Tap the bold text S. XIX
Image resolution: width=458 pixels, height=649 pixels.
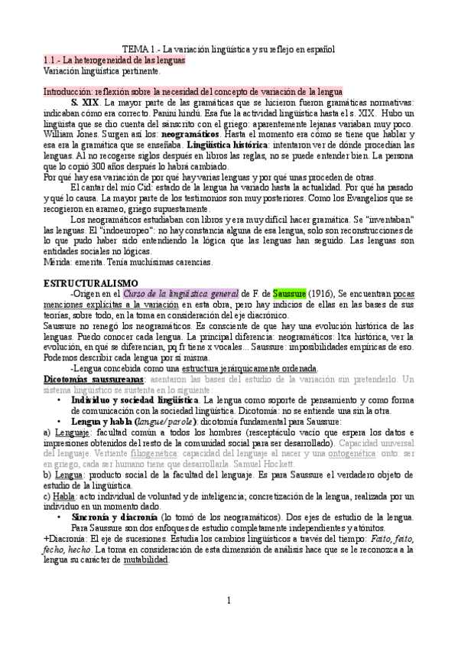(85, 102)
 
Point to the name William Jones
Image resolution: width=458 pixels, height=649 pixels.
(70, 133)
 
